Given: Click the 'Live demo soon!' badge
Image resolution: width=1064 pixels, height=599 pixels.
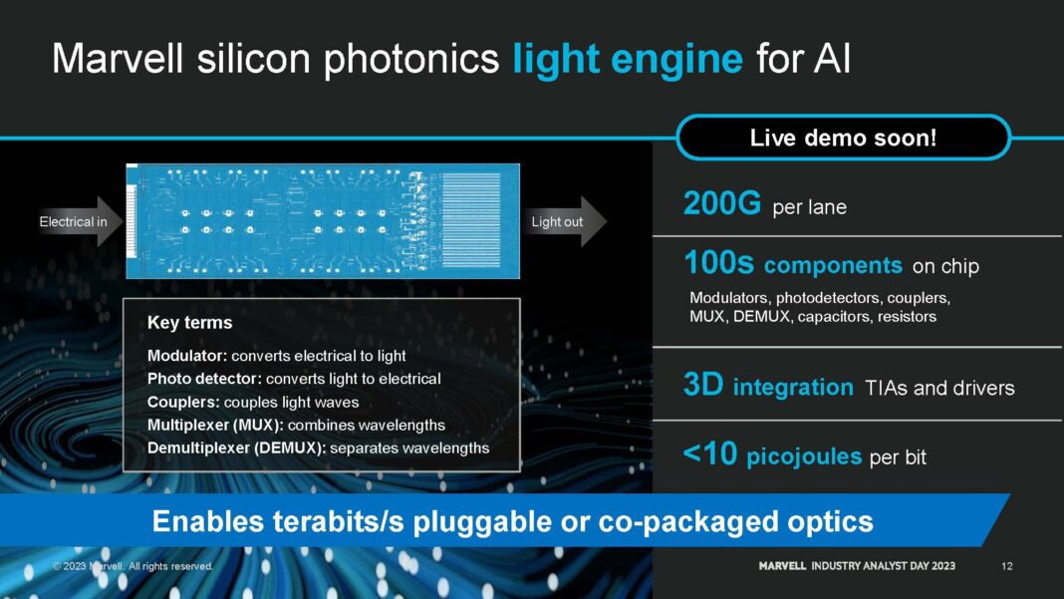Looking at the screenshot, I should coord(843,138).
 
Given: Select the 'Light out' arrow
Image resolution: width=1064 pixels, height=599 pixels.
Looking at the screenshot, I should coord(564,221).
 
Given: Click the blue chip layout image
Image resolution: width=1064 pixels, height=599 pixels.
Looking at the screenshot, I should coord(323,221).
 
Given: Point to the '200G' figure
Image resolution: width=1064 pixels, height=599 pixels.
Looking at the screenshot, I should coord(722,204).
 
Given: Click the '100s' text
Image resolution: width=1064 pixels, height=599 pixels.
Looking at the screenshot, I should coord(719,264).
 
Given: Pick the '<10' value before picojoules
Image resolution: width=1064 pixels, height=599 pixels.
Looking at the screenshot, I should coord(710,455).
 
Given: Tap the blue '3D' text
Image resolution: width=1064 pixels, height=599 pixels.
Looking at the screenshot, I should coord(703,387).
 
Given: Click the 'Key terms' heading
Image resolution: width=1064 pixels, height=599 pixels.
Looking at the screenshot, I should coord(189,323).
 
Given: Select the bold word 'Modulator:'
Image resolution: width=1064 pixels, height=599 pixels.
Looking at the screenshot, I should coord(187,356).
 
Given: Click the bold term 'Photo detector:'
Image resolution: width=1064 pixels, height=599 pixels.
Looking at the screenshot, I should coord(204,379).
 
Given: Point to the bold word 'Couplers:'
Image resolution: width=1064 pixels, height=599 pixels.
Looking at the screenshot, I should coord(183,402).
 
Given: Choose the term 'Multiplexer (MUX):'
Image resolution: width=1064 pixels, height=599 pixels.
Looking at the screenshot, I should coord(215,425).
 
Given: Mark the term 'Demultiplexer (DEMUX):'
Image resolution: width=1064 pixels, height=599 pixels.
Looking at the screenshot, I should coord(236,448).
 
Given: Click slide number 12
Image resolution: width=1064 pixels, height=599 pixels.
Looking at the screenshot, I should coord(1006,566).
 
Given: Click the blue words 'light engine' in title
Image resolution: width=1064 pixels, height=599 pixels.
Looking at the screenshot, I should coord(628,60).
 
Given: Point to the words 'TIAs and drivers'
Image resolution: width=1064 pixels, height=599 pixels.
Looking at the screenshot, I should coord(939,388).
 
